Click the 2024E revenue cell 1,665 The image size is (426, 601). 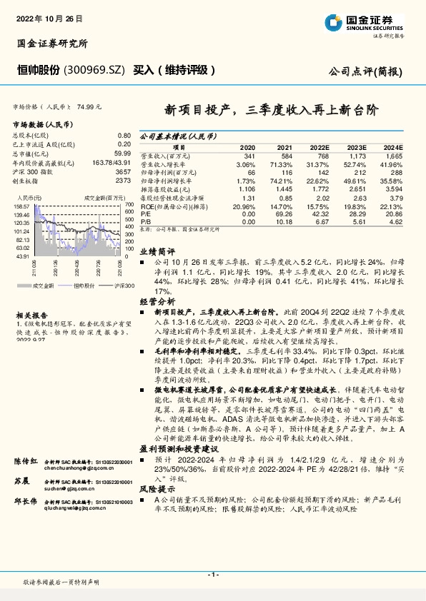(x=394, y=155)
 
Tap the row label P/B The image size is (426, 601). (x=144, y=222)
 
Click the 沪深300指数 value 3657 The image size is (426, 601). (x=122, y=172)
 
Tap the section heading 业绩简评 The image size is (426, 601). (x=157, y=251)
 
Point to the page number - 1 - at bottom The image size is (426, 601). (x=212, y=574)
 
